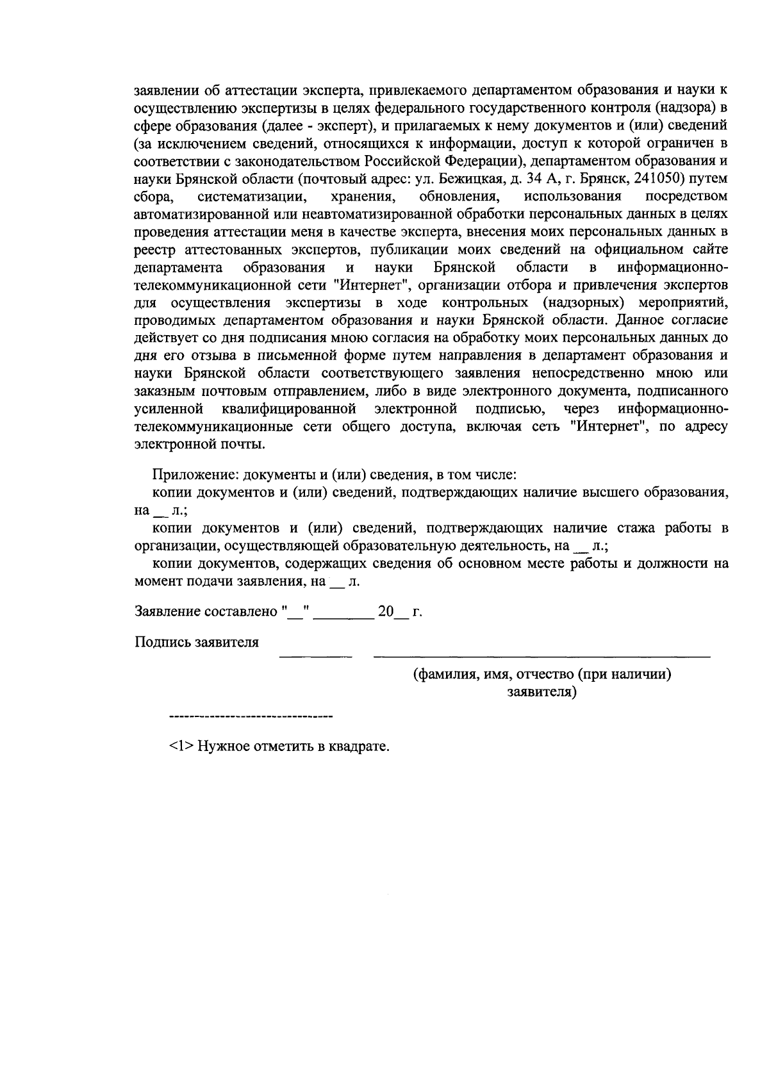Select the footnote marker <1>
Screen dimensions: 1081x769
click(181, 747)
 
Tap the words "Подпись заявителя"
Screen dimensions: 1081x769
click(197, 642)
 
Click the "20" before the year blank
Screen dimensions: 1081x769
click(386, 611)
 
